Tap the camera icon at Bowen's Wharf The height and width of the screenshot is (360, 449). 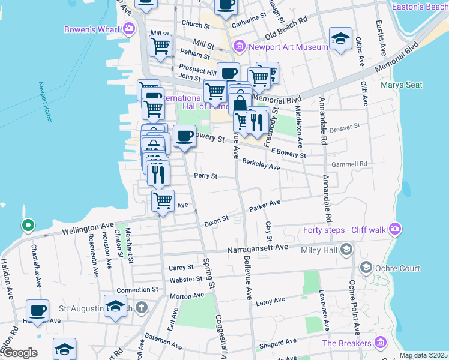click(128, 29)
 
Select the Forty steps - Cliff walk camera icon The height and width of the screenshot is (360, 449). click(394, 228)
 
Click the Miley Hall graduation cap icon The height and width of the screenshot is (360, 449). click(346, 249)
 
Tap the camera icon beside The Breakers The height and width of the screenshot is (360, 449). click(379, 343)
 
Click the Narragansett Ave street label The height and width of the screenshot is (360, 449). click(258, 247)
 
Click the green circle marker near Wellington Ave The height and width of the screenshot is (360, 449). click(27, 226)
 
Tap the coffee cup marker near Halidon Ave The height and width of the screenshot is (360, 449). click(38, 311)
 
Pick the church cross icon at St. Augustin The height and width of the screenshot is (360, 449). click(141, 308)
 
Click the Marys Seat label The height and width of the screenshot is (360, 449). click(400, 85)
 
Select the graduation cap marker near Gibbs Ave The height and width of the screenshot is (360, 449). click(340, 39)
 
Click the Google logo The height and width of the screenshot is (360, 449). click(19, 353)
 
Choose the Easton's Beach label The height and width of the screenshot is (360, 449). click(419, 7)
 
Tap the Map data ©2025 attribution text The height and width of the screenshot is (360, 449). click(423, 355)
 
